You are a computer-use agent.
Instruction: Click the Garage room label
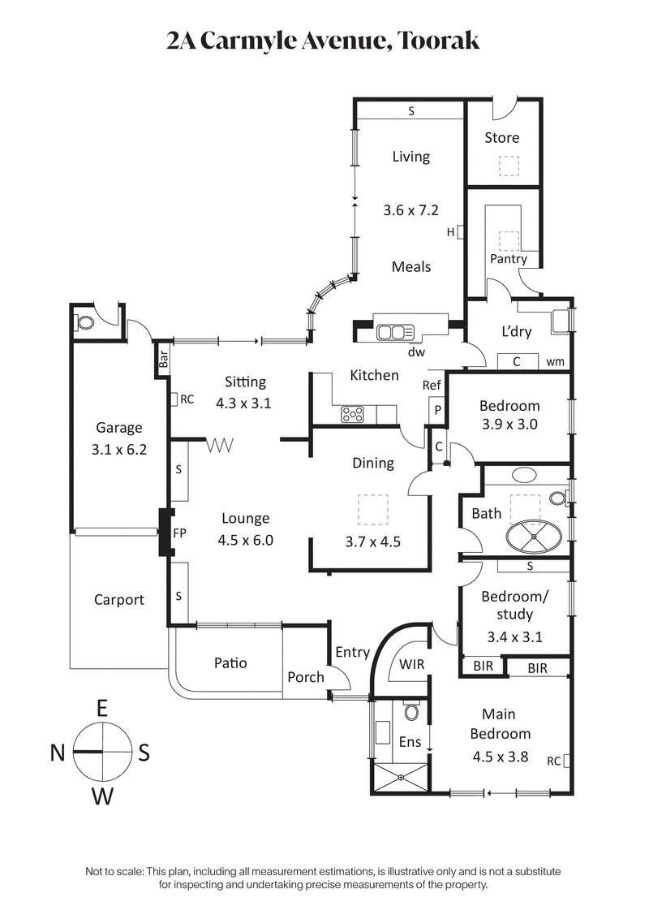[118, 428]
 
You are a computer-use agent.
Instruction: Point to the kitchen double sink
[395, 331]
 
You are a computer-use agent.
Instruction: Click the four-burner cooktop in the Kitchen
[355, 414]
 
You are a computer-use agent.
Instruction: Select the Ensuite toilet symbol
[412, 712]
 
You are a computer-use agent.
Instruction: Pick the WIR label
[411, 664]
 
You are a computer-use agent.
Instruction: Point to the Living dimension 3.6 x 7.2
[410, 210]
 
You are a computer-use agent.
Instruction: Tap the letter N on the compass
[57, 753]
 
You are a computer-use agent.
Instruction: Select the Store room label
[501, 138]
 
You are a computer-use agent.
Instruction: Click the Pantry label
[509, 259]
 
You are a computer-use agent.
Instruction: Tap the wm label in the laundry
[556, 362]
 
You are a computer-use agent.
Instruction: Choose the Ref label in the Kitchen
[432, 386]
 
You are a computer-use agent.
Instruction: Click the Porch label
[306, 677]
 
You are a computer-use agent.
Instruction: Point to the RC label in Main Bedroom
[554, 762]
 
